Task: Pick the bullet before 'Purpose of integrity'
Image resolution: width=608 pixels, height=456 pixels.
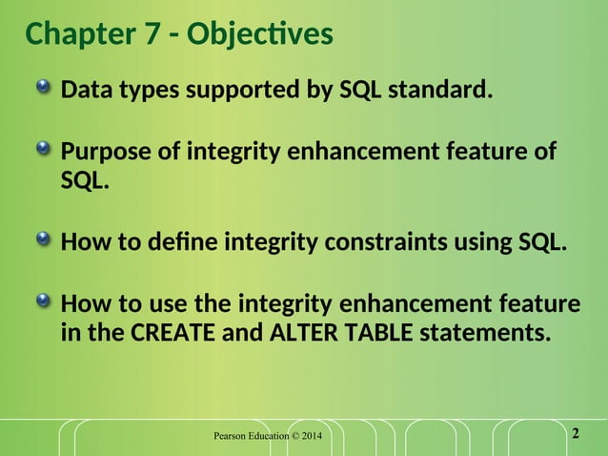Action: click(45, 151)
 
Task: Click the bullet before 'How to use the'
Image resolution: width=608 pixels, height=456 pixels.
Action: click(45, 302)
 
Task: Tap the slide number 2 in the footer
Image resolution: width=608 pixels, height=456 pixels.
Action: click(575, 435)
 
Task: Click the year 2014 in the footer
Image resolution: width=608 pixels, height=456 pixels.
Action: click(311, 437)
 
